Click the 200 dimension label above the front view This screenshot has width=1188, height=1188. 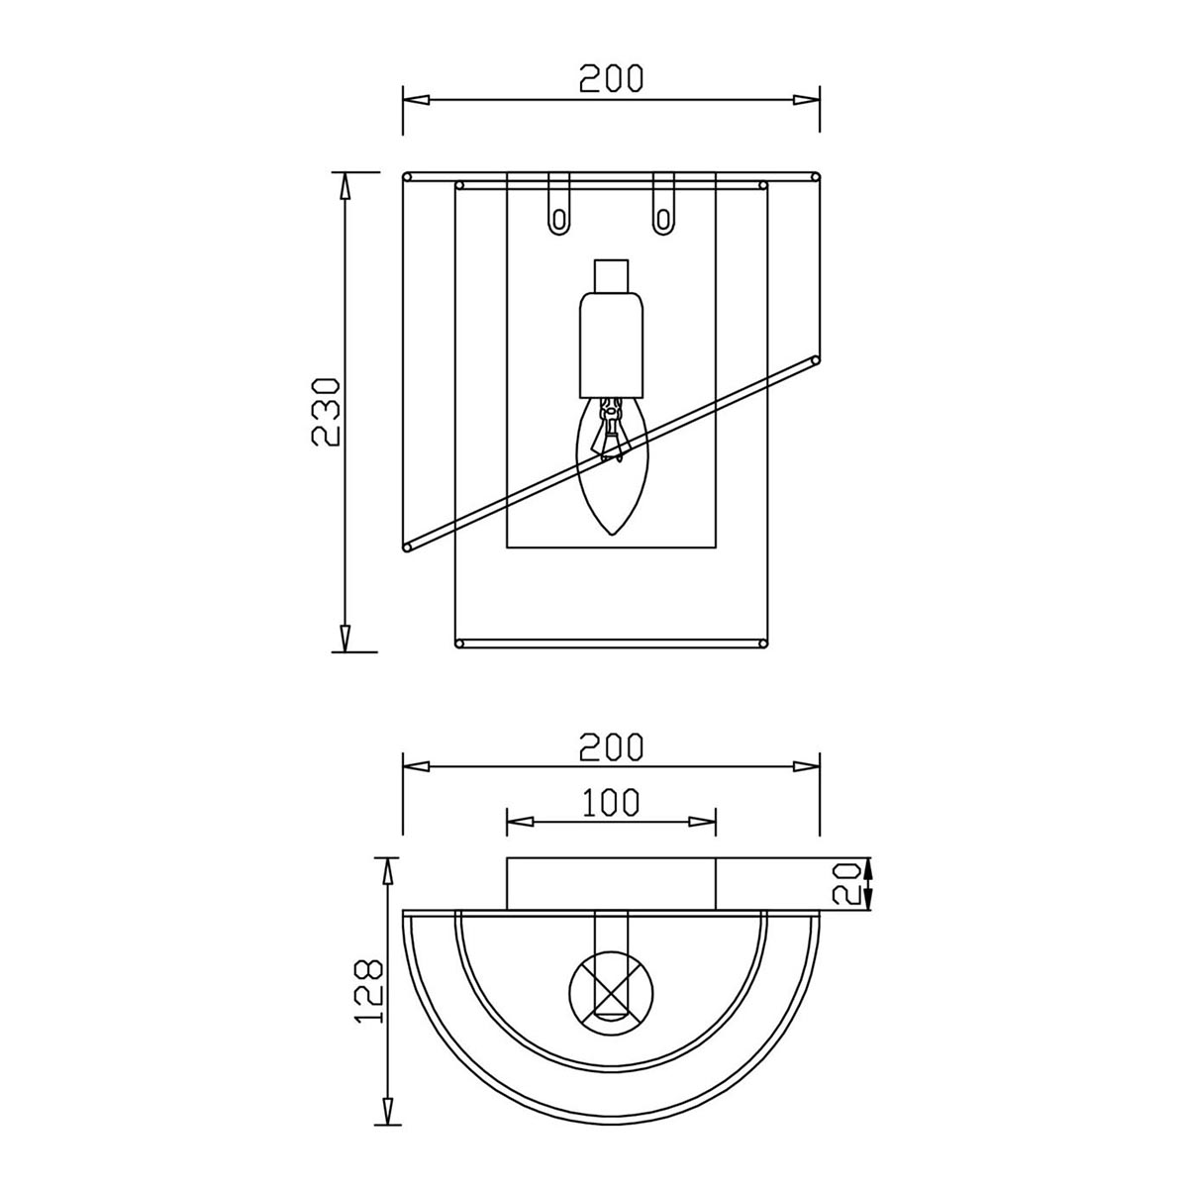[x=611, y=78]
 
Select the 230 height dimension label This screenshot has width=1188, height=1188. [x=325, y=412]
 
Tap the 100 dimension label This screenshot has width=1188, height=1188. [x=610, y=802]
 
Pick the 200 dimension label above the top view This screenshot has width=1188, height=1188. [x=611, y=746]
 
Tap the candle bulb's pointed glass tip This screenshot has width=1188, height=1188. [x=611, y=534]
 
